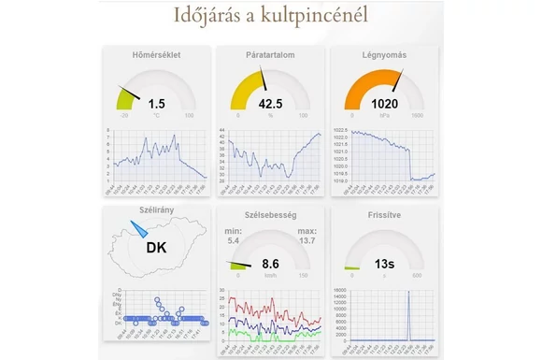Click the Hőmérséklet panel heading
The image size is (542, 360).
pyautogui.click(x=156, y=54)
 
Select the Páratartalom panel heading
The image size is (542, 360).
pyautogui.click(x=270, y=54)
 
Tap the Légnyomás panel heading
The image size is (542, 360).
pyautogui.click(x=384, y=54)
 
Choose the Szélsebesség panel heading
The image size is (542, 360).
pyautogui.click(x=270, y=215)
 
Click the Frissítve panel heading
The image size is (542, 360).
pyautogui.click(x=384, y=215)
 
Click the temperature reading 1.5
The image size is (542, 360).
pyautogui.click(x=156, y=104)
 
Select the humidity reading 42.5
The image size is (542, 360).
pyautogui.click(x=270, y=104)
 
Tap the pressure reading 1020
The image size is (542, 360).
pyautogui.click(x=384, y=104)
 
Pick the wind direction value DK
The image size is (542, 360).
pyautogui.click(x=156, y=248)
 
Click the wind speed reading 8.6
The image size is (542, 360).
pyautogui.click(x=270, y=265)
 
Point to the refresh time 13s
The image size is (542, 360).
pyautogui.click(x=384, y=265)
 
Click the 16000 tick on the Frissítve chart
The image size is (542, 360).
pyautogui.click(x=339, y=290)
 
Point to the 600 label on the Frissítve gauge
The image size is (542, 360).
pyautogui.click(x=418, y=276)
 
